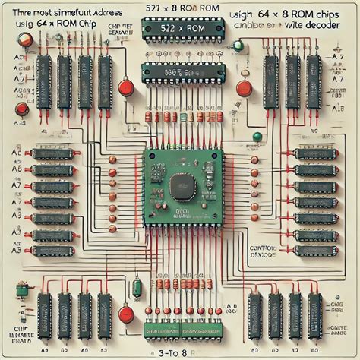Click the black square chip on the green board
(x=180, y=184)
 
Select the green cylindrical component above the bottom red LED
(x=137, y=289)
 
